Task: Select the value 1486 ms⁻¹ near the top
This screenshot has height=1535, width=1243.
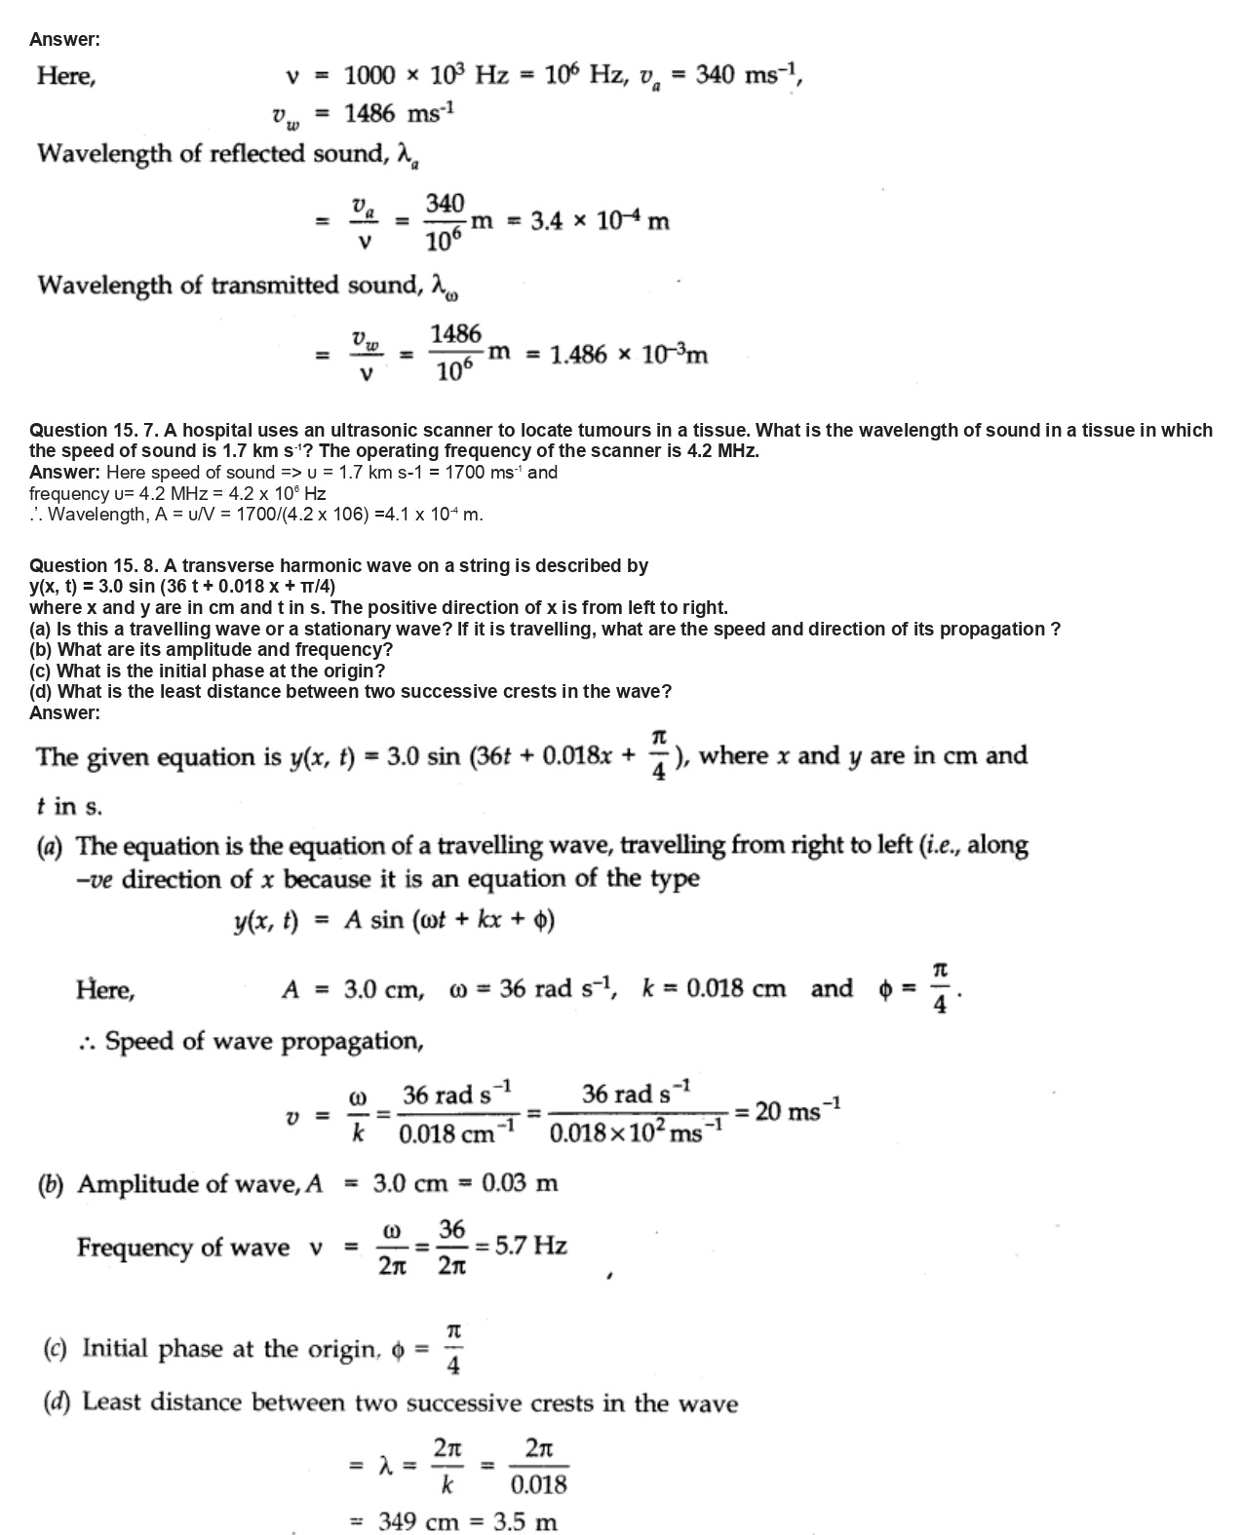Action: click(399, 114)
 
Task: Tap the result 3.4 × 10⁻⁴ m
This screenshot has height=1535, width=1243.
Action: click(600, 221)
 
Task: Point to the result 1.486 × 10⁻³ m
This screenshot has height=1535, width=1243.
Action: click(629, 355)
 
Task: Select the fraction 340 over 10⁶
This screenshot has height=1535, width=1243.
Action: click(445, 221)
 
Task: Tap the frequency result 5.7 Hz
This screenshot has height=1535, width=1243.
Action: click(531, 1246)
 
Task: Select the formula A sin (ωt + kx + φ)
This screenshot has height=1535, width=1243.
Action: click(449, 921)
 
